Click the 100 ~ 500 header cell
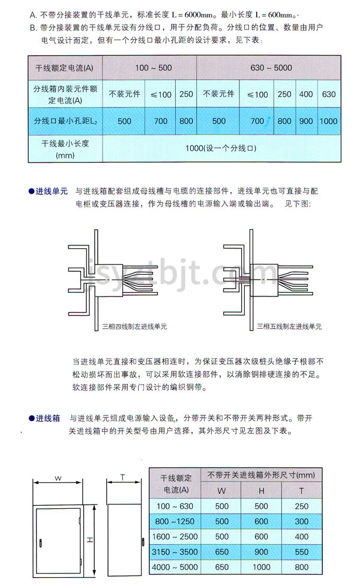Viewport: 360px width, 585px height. [154, 68]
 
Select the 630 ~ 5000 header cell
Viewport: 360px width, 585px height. [271, 68]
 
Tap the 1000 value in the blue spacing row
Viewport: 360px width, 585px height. [328, 121]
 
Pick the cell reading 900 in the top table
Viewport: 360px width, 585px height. [306, 121]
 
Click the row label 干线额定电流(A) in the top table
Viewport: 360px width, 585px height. [64, 68]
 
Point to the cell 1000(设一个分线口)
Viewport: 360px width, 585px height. [221, 148]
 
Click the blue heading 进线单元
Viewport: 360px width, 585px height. [52, 191]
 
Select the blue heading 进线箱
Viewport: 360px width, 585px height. [48, 418]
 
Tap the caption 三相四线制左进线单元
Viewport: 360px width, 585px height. [134, 326]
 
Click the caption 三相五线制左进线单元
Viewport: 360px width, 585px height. [289, 326]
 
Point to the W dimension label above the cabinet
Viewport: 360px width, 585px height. [58, 478]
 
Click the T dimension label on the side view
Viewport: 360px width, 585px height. [122, 477]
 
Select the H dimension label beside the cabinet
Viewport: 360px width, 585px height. [90, 539]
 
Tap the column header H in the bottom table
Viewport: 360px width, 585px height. [261, 491]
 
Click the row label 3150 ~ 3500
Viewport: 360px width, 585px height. [175, 552]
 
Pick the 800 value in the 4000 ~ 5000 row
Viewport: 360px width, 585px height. [301, 567]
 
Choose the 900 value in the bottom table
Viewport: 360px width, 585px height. [261, 552]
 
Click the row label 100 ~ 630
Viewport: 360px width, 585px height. [175, 506]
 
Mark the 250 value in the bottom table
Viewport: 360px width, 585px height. [301, 506]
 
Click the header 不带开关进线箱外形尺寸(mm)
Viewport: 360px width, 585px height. [261, 475]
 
